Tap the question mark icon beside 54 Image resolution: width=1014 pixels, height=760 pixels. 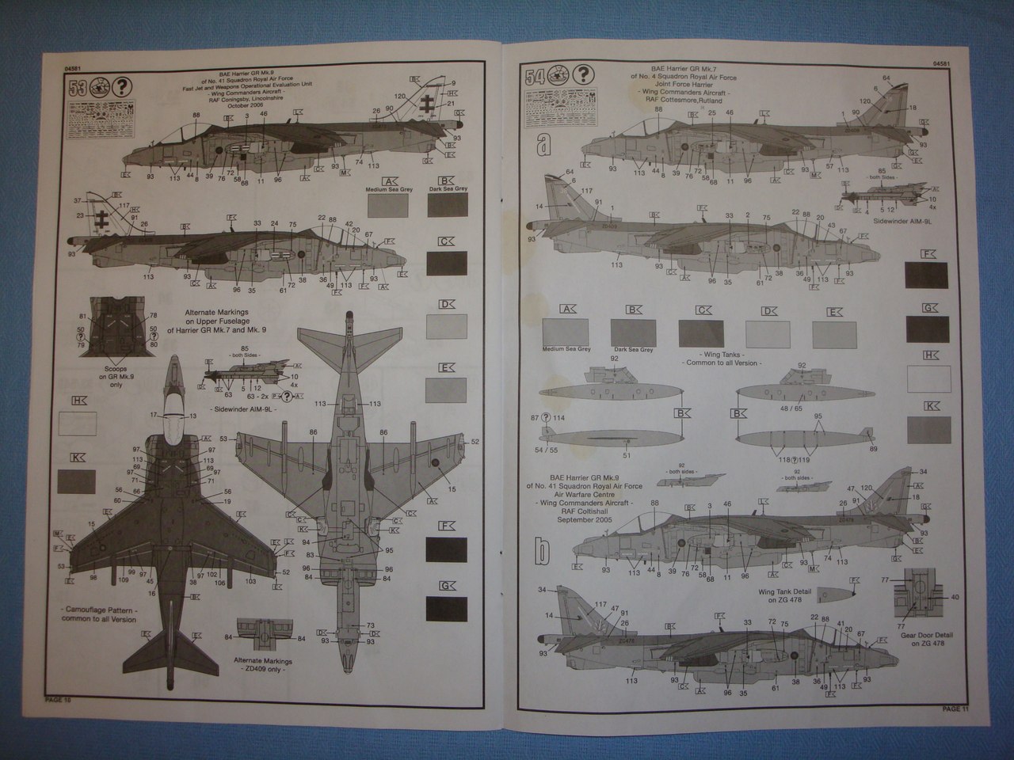click(581, 75)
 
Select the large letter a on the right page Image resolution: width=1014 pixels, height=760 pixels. click(543, 145)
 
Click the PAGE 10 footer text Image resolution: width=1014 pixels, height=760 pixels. click(57, 700)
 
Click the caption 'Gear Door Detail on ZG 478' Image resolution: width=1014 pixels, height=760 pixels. click(926, 640)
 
